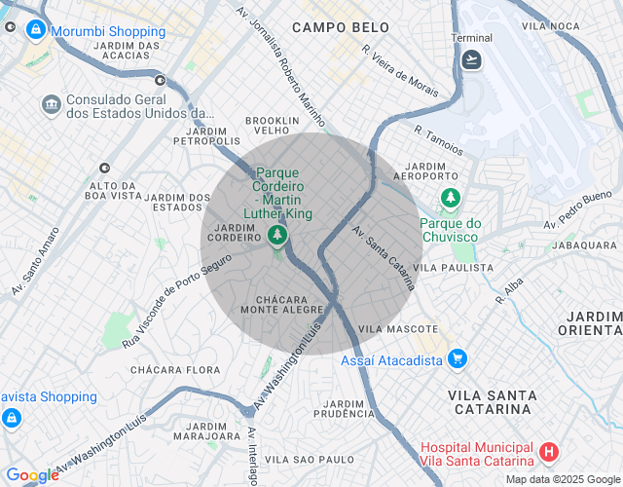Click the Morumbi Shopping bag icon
point(36,31)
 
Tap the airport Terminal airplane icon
point(472,59)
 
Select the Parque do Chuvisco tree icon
point(450,199)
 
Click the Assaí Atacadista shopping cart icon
point(457,359)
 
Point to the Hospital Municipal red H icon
point(549,452)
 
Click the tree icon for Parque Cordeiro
point(278,235)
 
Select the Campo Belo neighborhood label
point(327,28)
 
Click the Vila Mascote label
point(398,329)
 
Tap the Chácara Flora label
point(175,370)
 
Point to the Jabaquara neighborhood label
point(584,245)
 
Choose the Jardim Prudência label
point(345,408)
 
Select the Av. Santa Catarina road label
point(384,259)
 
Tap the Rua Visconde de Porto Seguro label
point(177,302)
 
